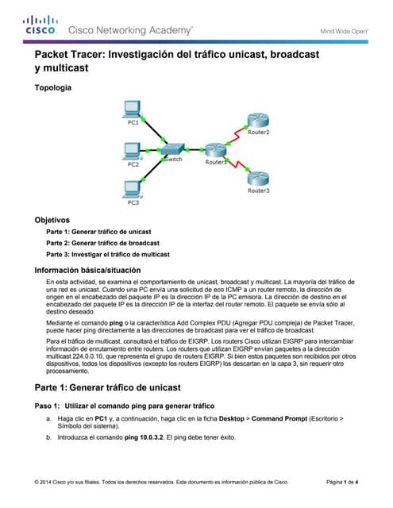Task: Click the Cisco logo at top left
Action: (40, 25)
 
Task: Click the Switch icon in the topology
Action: (173, 149)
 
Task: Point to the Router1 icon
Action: (214, 150)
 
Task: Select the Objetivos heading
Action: (52, 219)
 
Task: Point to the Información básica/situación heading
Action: (87, 271)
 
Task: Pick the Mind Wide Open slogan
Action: (344, 31)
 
